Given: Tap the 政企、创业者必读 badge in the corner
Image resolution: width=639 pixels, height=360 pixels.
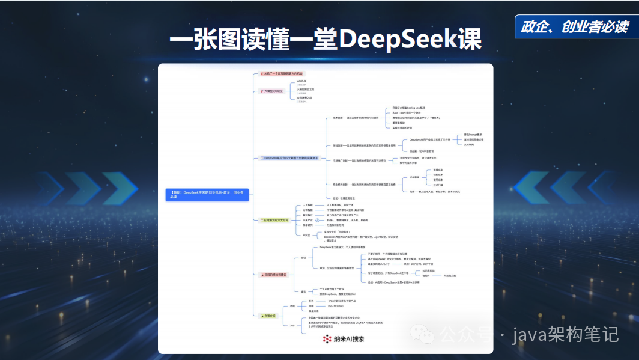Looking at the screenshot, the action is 575,26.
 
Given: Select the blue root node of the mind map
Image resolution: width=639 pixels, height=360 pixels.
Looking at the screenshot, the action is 207,194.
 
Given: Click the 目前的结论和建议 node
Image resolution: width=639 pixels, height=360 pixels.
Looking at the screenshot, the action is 274,275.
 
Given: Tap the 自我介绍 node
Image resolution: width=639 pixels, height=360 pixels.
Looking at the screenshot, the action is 268,315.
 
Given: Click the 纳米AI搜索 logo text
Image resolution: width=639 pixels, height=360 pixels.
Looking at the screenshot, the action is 349,339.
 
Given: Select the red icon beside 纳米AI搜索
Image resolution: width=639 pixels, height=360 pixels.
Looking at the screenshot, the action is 327,339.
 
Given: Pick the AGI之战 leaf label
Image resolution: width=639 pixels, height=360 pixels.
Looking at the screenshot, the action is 301,81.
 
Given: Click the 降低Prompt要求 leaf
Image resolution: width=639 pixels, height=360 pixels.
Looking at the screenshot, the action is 473,135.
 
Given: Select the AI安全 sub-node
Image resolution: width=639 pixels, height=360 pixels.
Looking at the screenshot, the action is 306,235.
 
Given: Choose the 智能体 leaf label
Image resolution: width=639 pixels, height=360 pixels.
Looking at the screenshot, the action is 427,276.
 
